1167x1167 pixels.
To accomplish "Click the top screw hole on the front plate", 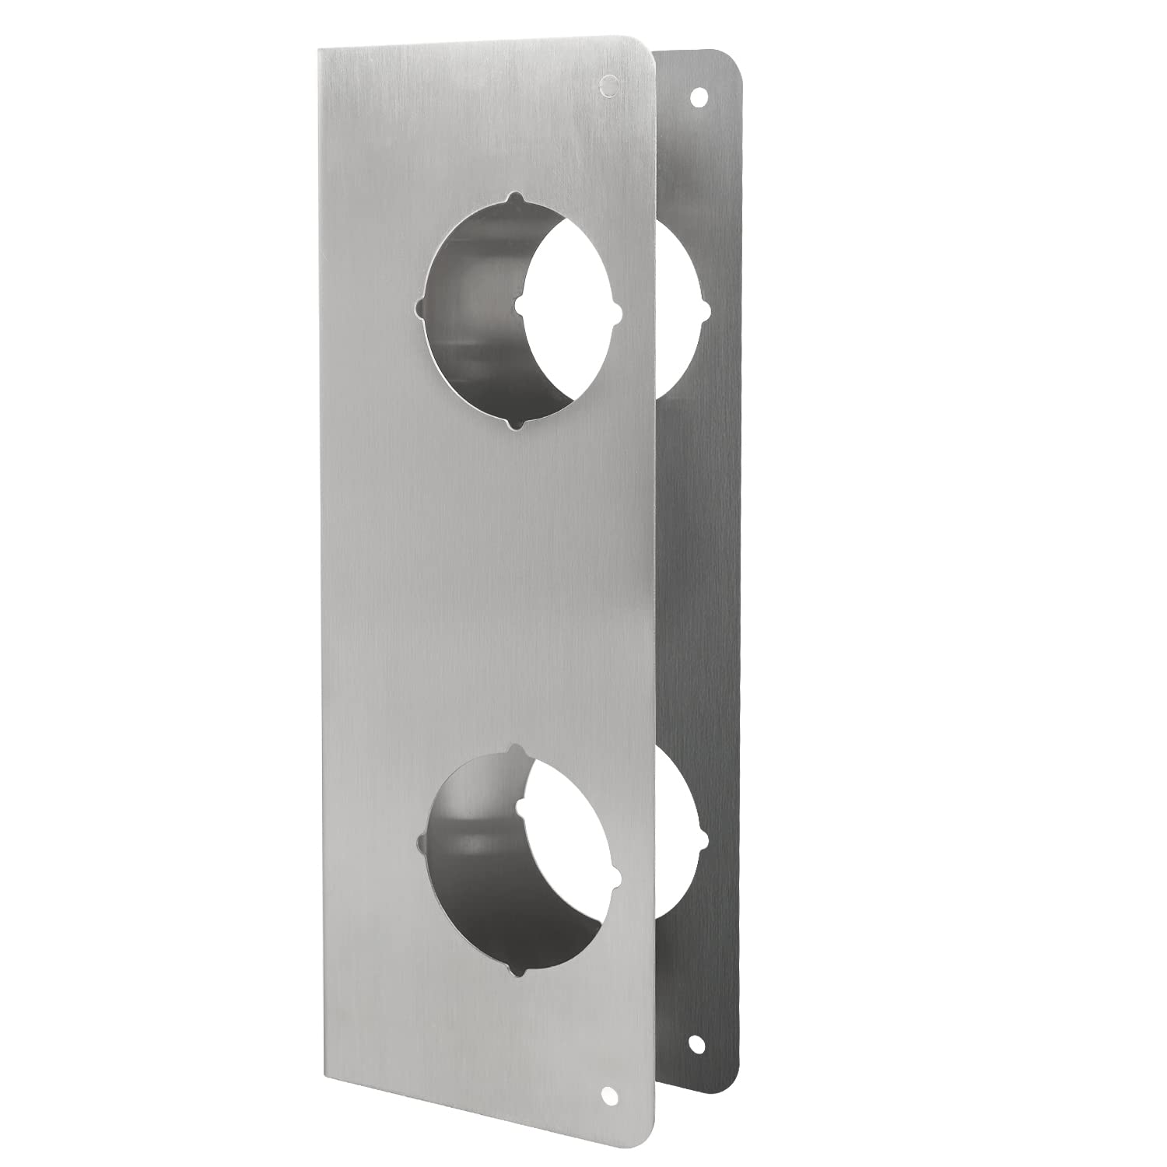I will point(609,86).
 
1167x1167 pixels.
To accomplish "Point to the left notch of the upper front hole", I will point(422,305).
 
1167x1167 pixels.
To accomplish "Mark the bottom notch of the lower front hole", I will point(515,969).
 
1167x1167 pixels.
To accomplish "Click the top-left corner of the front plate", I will point(319,49).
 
